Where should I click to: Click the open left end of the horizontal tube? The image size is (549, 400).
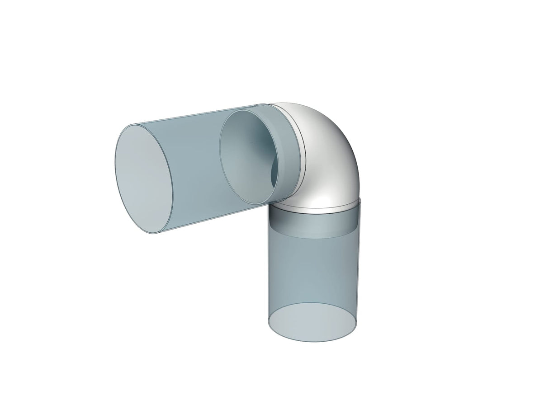[x=144, y=179]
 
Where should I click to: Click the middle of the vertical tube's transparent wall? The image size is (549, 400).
[x=314, y=271]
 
